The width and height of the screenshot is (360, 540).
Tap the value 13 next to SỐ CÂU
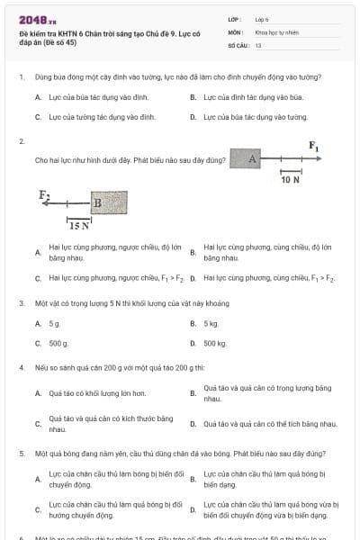pyautogui.click(x=258, y=44)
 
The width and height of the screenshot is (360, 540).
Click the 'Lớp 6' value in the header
pyautogui.click(x=262, y=19)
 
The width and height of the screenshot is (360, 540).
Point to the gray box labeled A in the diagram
pyautogui.click(x=253, y=159)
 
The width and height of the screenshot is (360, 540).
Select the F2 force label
pyautogui.click(x=44, y=193)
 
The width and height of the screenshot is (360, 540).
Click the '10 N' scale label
pyautogui.click(x=290, y=180)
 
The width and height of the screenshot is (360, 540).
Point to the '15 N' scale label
pyautogui.click(x=79, y=226)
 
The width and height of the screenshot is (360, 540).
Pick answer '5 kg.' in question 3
pyautogui.click(x=211, y=323)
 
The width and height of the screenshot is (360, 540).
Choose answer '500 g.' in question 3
pyautogui.click(x=58, y=344)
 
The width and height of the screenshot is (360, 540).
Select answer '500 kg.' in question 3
pyautogui.click(x=215, y=344)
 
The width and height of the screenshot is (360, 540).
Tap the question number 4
pyautogui.click(x=21, y=368)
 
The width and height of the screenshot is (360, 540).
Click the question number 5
pyautogui.click(x=21, y=455)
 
